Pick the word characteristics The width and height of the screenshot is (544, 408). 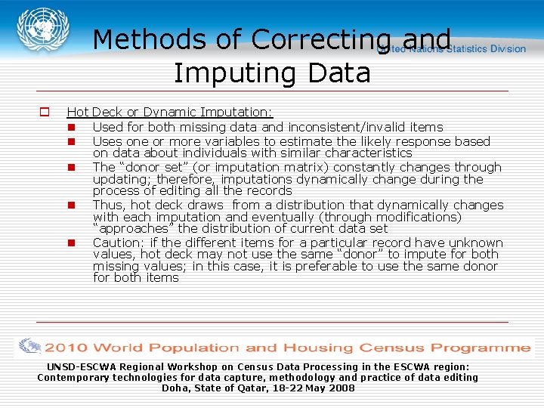click(x=366, y=153)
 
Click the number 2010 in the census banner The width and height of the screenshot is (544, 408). click(x=66, y=348)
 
